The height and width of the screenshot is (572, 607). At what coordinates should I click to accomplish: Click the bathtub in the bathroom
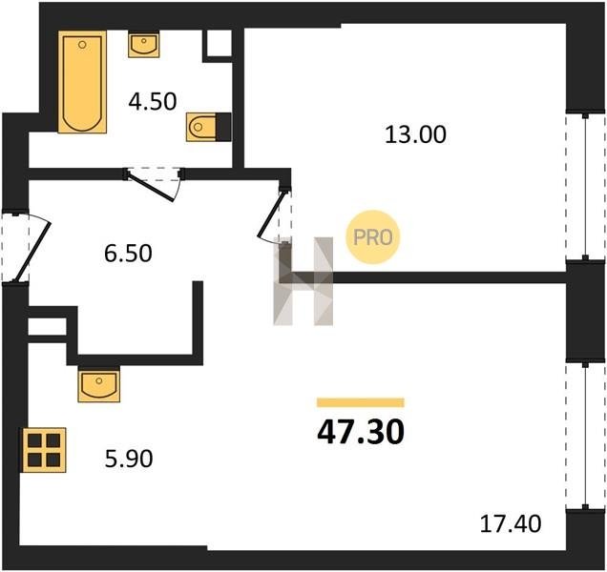(x=82, y=82)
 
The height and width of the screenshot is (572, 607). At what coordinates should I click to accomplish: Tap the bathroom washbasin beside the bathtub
(x=143, y=45)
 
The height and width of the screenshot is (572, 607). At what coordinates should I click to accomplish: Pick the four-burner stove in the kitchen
(x=44, y=450)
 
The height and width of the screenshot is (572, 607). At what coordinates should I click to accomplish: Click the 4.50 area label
(x=153, y=101)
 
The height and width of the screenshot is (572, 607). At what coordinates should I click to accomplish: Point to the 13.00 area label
(x=415, y=134)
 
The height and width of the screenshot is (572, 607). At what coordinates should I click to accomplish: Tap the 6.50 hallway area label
(x=128, y=254)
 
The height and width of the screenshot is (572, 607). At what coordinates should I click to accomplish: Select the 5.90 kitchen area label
(x=129, y=459)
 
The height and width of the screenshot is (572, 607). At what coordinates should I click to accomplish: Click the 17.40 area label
(x=511, y=523)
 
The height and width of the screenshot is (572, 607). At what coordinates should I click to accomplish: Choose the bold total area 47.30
(x=361, y=432)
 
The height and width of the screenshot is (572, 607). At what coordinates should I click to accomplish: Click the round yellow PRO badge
(x=372, y=237)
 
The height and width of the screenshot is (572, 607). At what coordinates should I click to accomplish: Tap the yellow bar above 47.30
(x=361, y=402)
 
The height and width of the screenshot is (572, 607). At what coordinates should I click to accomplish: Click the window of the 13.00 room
(x=586, y=187)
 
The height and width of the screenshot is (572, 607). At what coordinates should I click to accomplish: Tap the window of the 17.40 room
(x=586, y=436)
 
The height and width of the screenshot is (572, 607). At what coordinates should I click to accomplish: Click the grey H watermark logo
(x=303, y=281)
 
